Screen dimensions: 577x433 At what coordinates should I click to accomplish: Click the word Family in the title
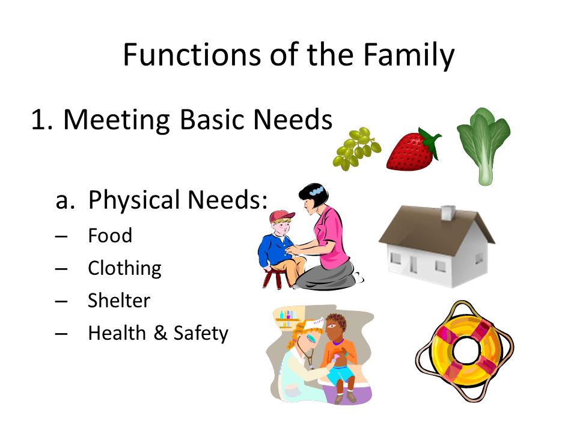(409, 55)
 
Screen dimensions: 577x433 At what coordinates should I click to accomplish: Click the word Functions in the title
(193, 55)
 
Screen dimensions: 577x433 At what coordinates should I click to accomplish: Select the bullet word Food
(110, 235)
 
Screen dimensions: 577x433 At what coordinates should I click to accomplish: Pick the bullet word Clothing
(125, 268)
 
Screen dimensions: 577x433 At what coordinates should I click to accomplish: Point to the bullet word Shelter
(119, 301)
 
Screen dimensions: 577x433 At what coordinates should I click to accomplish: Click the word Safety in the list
(201, 333)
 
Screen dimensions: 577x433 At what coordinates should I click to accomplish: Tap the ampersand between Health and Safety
(160, 333)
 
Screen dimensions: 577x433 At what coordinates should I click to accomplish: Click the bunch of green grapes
(356, 149)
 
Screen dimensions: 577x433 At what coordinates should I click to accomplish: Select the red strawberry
(413, 150)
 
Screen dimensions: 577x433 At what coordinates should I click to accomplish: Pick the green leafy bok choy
(483, 146)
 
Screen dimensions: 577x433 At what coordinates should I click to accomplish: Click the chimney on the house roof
(448, 213)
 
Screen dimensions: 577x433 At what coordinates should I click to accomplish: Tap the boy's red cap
(281, 216)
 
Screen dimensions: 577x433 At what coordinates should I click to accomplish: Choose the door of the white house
(414, 265)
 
